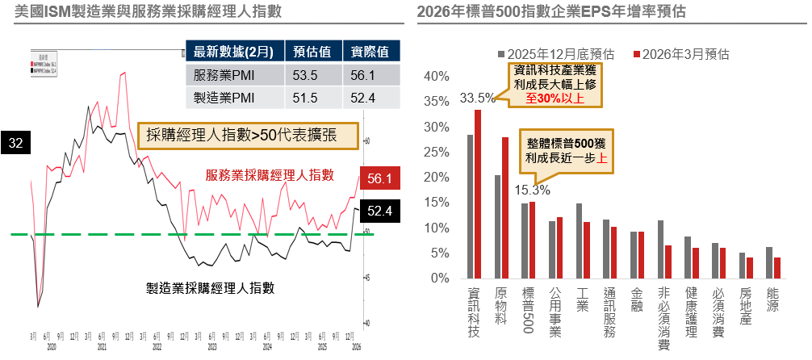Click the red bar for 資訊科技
[x=478, y=194]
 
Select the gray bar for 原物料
[x=498, y=227]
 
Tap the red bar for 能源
[x=776, y=268]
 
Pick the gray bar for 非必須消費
[x=660, y=249]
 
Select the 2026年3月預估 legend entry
[x=682, y=54]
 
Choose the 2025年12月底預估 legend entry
[x=556, y=54]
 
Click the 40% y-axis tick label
[x=437, y=77]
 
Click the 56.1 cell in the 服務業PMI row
[x=370, y=75]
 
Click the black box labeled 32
[x=15, y=143]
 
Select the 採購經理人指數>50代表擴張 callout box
[x=248, y=135]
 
